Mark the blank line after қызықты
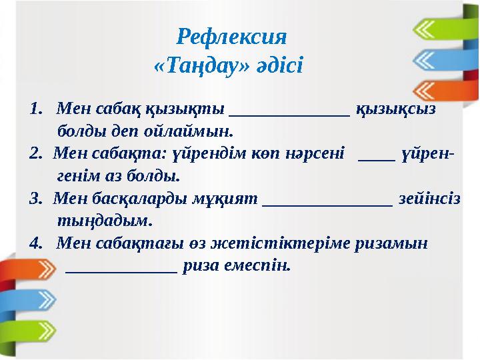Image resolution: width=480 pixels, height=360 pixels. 289,113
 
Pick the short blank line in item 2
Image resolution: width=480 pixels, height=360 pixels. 376,159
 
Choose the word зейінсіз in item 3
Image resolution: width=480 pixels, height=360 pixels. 437,199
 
